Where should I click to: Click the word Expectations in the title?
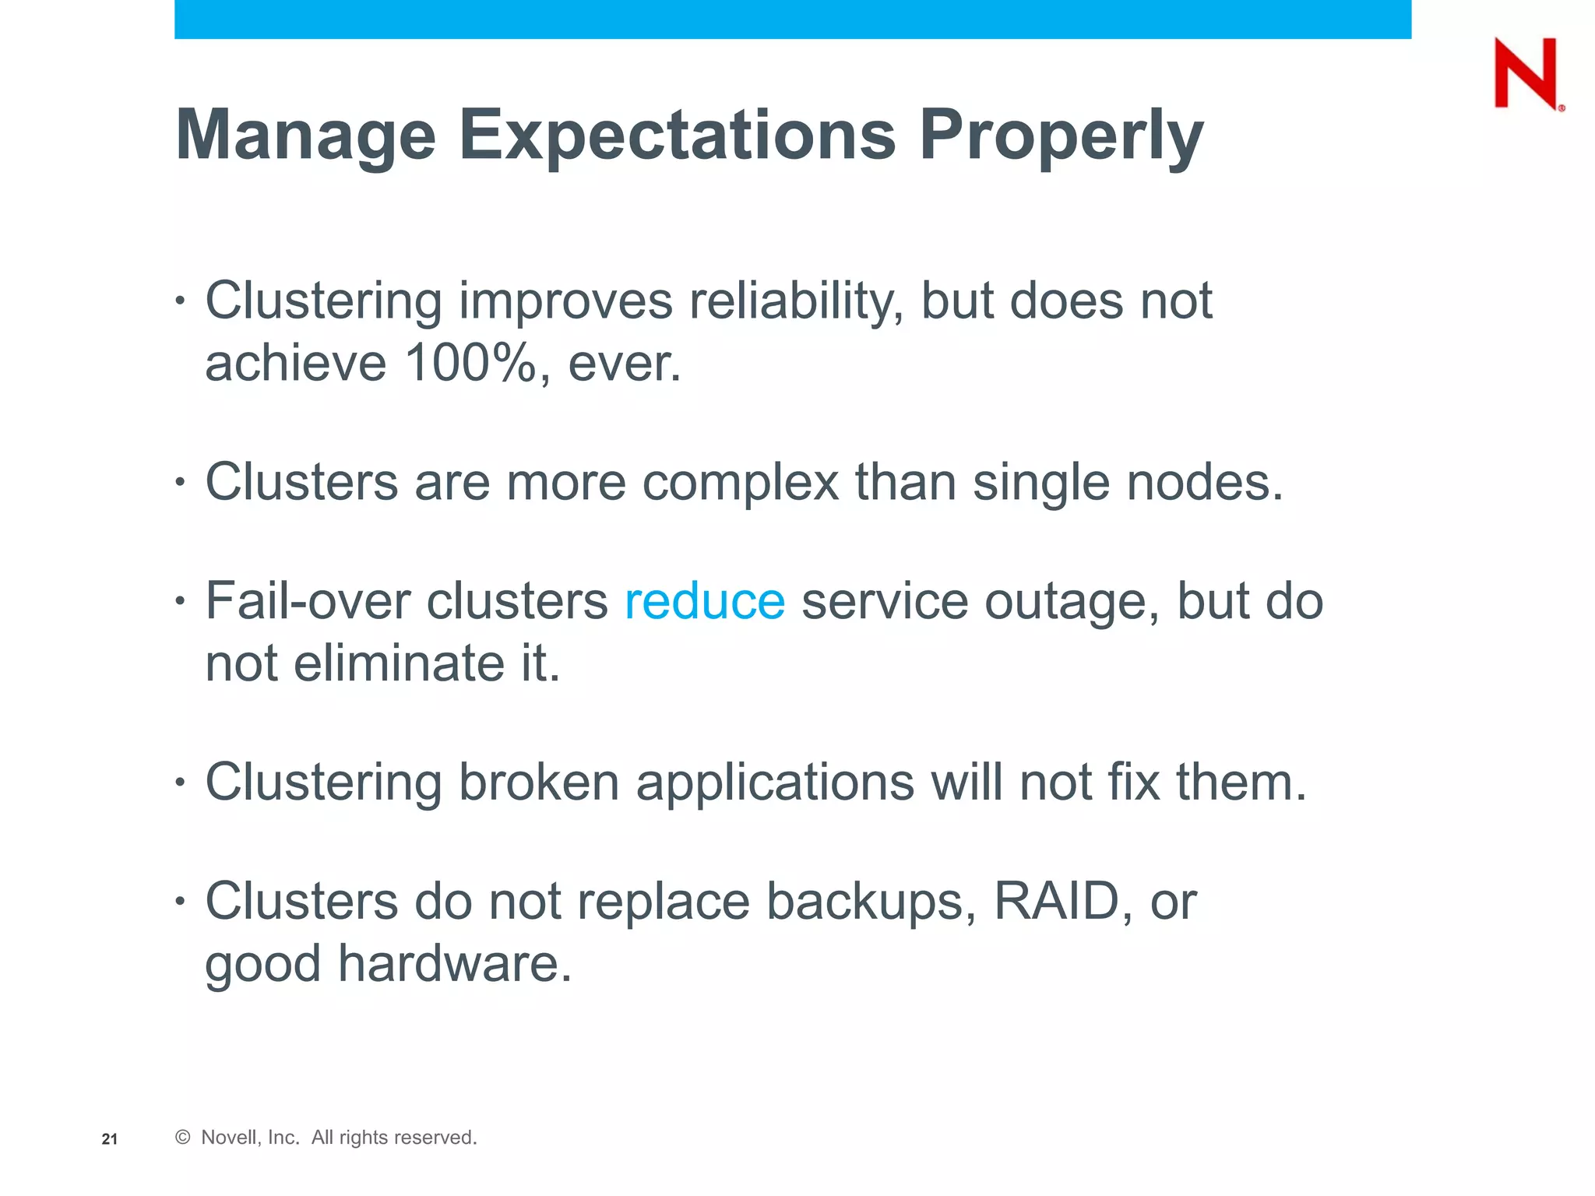coord(677,135)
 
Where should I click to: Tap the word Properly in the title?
coord(1061,135)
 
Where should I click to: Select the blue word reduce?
coord(704,602)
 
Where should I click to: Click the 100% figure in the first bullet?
coord(470,364)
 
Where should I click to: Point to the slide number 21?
coord(110,1139)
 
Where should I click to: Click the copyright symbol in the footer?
coord(183,1138)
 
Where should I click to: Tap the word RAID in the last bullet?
coord(1056,902)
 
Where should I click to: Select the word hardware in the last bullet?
coord(454,964)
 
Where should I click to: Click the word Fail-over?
coord(307,602)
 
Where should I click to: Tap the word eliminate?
coord(399,664)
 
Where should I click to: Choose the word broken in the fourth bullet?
coord(538,783)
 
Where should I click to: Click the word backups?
coord(871,902)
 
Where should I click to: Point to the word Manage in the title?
coord(305,135)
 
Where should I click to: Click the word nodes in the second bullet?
coord(1204,483)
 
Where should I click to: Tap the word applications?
coord(775,783)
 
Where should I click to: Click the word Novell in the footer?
coord(249,1138)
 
